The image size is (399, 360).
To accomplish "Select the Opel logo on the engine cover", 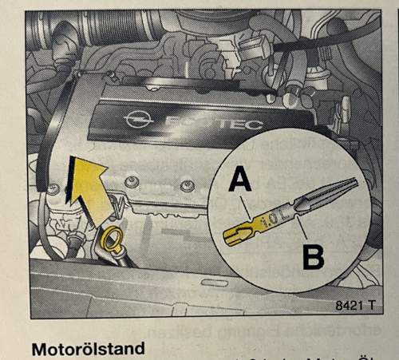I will coord(137,121).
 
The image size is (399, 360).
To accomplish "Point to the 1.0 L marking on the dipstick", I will coord(272,220).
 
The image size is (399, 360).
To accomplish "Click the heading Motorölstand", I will coord(88,349).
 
